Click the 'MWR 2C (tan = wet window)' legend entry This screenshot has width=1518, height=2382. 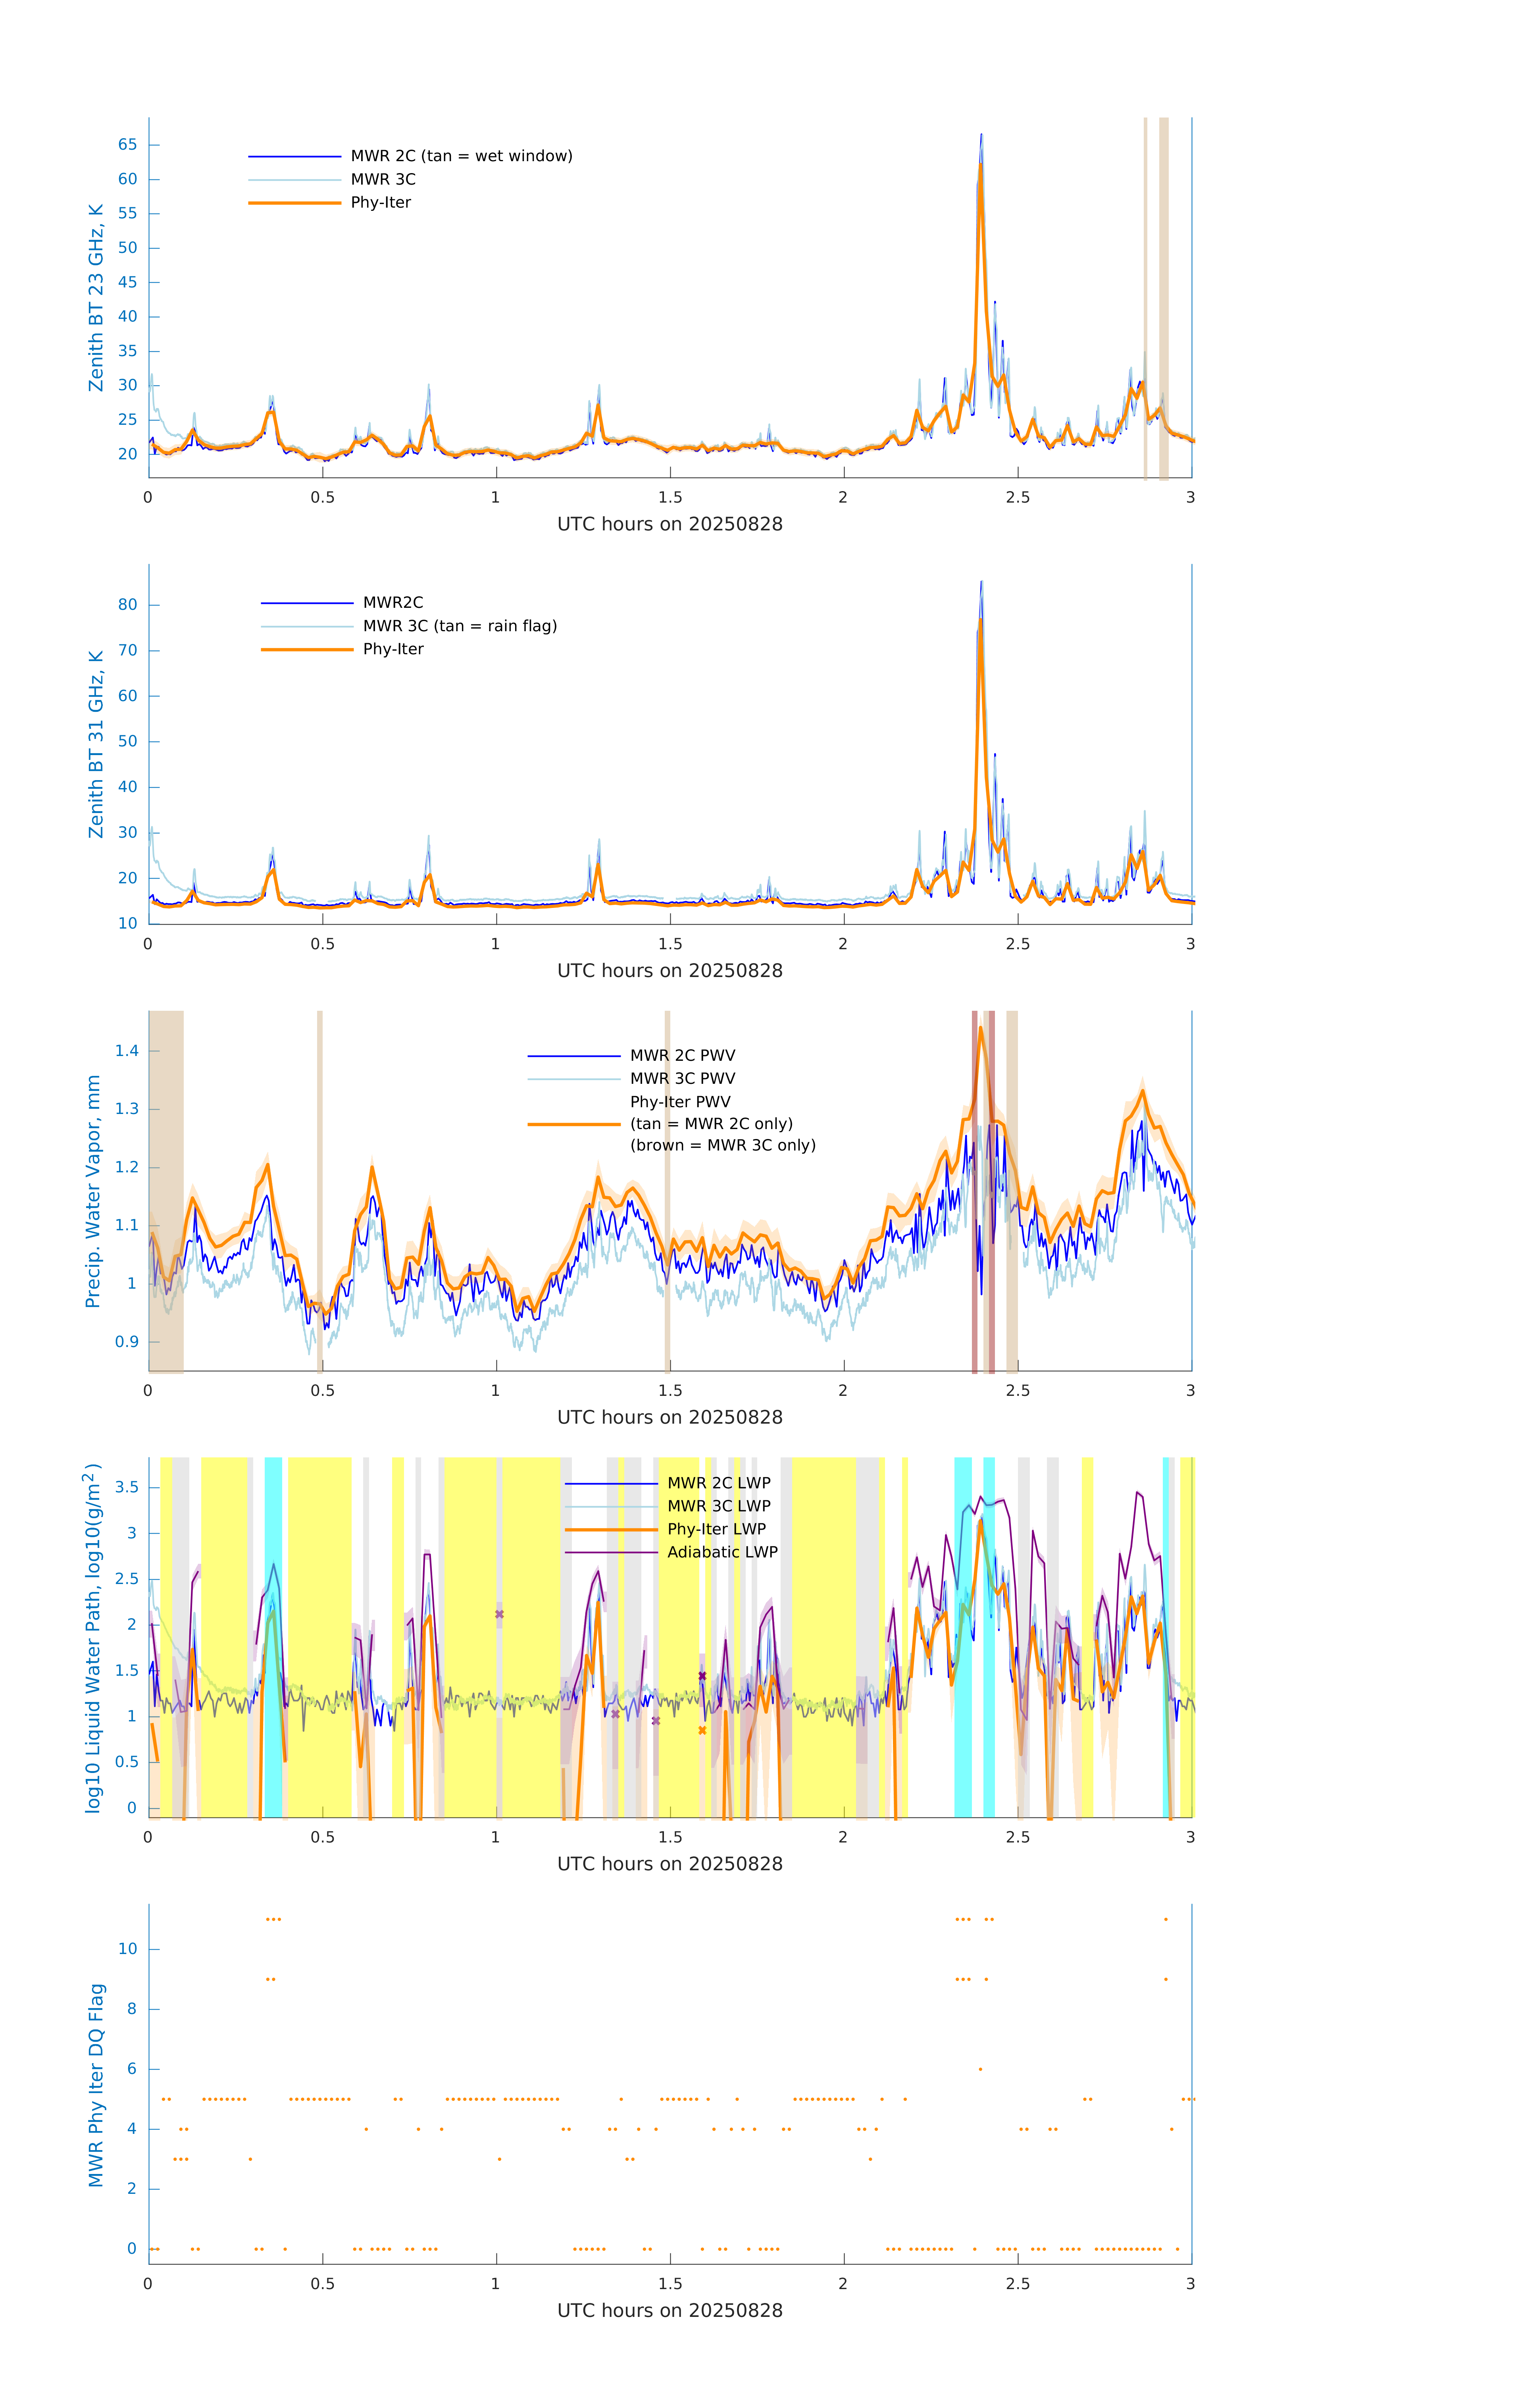coord(461,156)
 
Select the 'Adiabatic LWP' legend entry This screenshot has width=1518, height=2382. coord(722,1552)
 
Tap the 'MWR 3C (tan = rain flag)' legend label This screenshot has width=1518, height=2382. coord(460,626)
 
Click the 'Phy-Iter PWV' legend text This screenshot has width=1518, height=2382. coord(680,1102)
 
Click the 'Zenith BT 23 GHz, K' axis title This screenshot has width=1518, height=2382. coord(96,298)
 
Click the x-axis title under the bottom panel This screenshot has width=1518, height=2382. coord(670,2311)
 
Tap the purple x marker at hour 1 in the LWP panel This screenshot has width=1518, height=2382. coord(499,1614)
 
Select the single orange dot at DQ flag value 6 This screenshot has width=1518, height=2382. coord(980,2070)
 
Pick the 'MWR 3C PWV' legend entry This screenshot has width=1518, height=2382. coord(682,1078)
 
